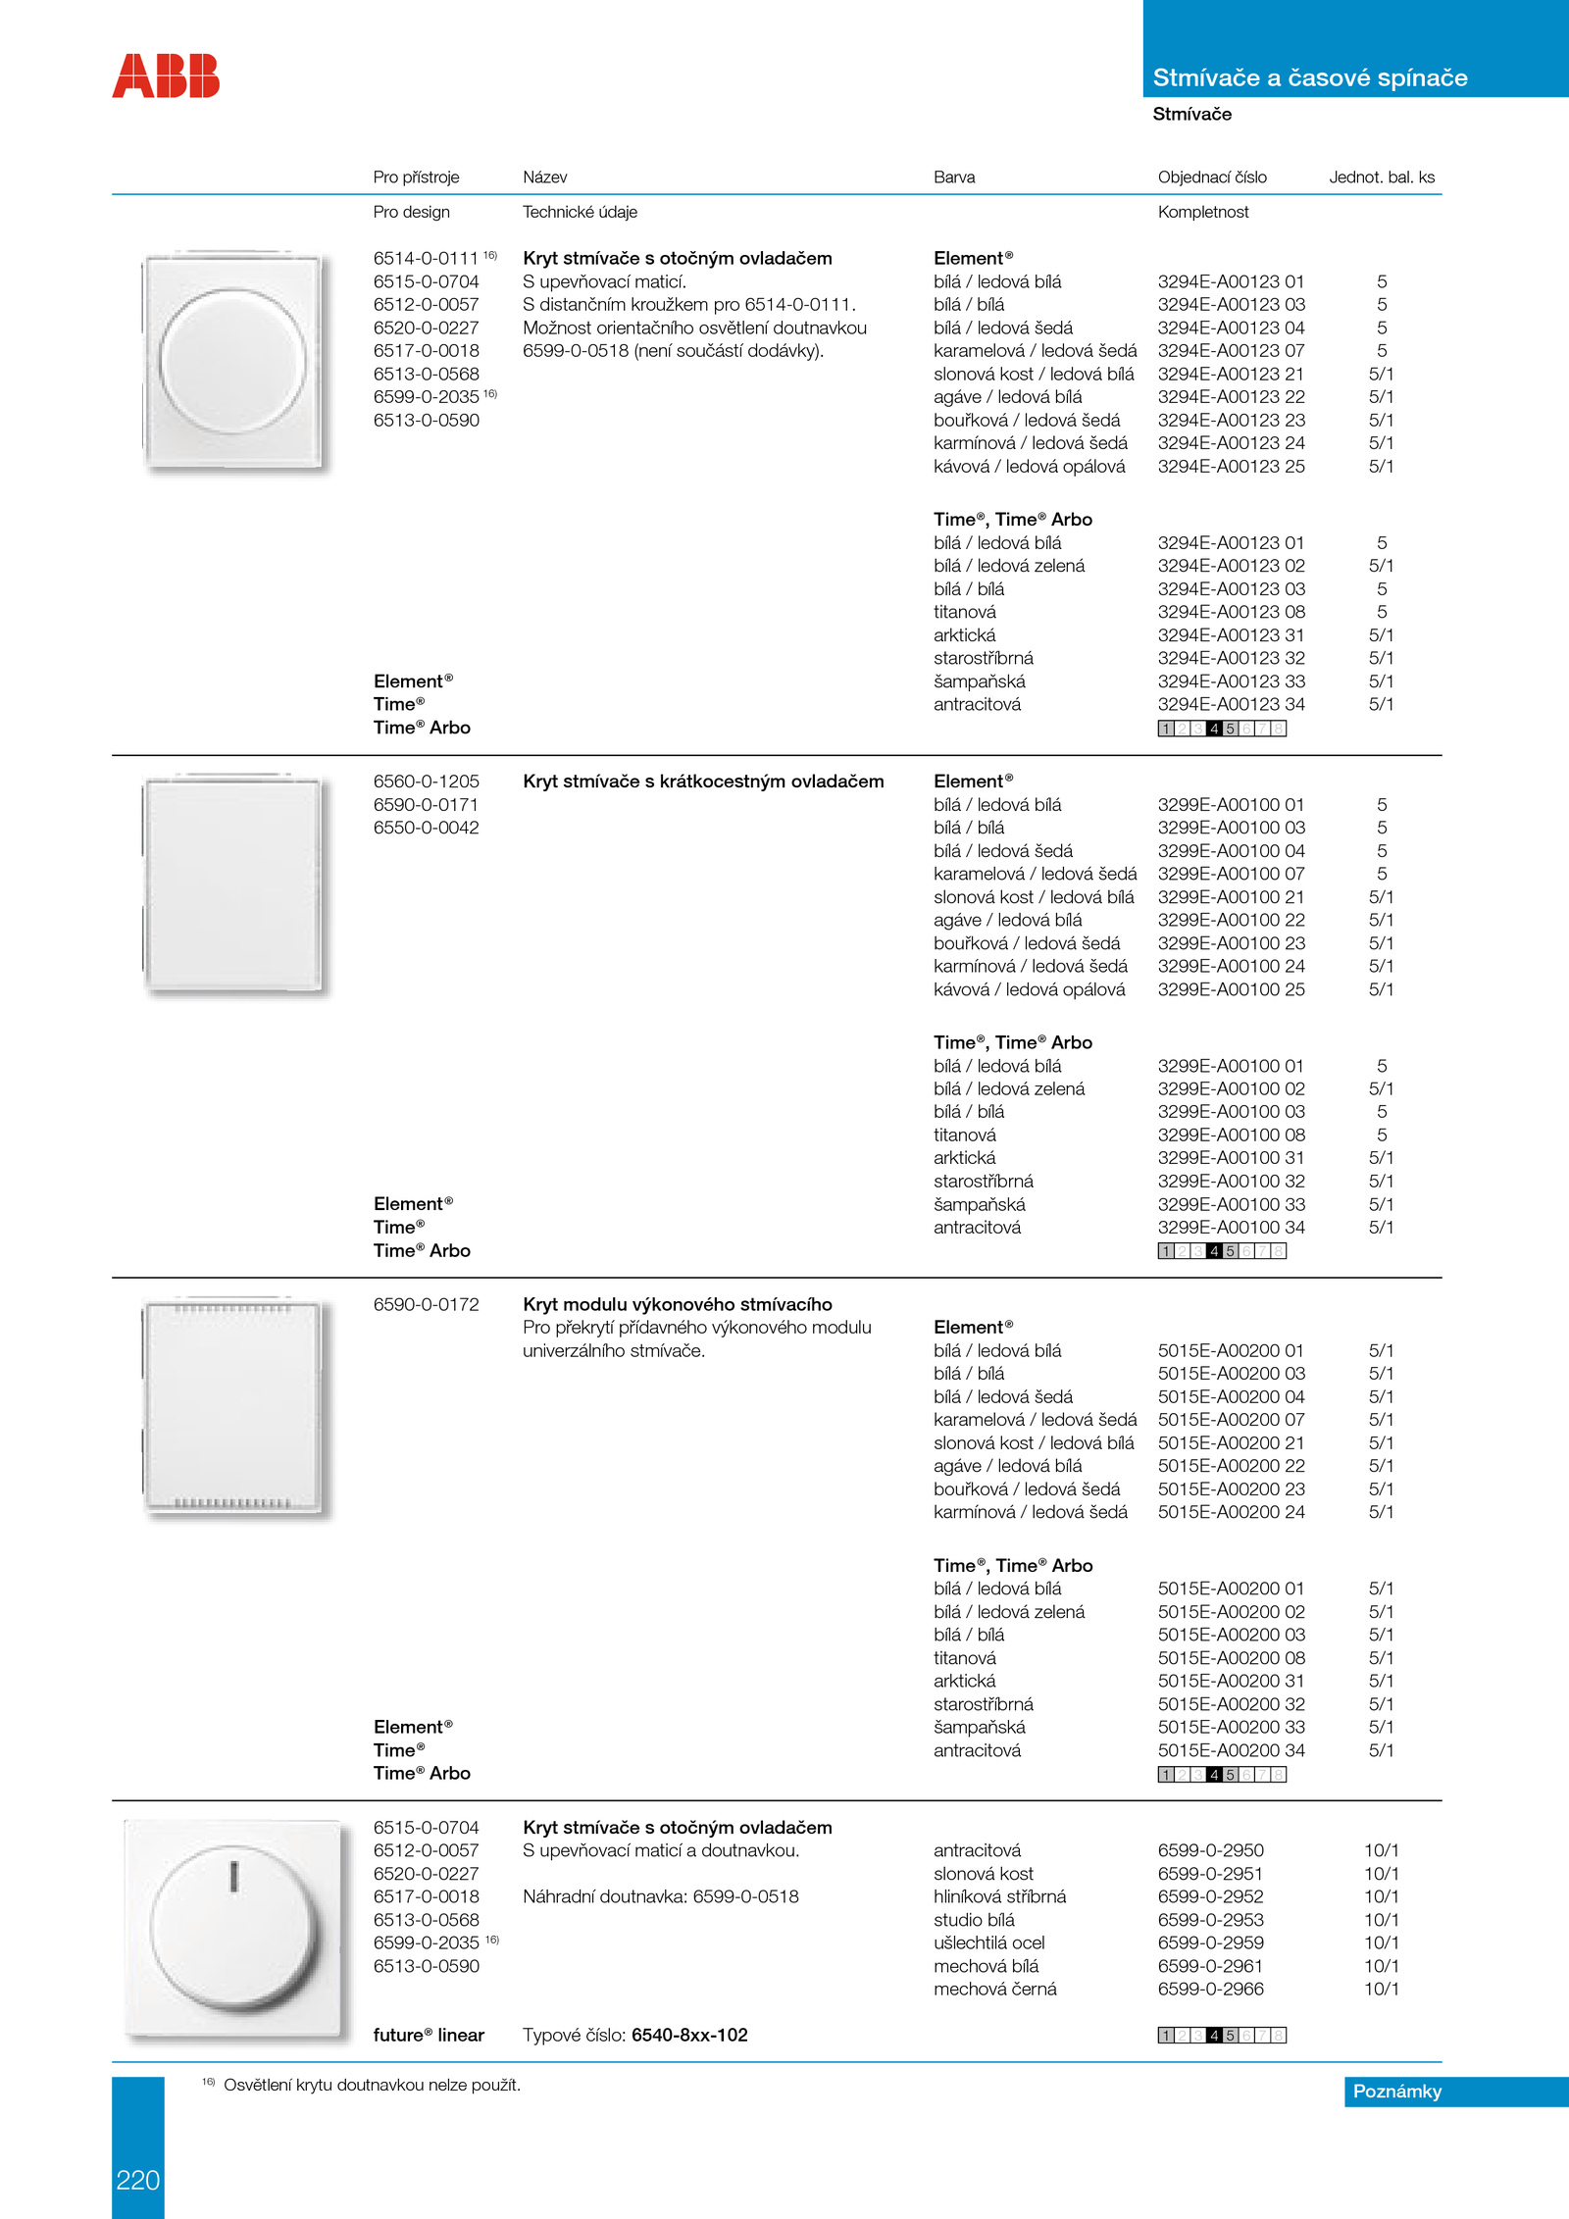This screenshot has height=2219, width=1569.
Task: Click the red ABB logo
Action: click(166, 76)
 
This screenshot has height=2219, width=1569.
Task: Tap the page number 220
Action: click(137, 2179)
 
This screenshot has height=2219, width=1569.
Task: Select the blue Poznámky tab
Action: click(1396, 2091)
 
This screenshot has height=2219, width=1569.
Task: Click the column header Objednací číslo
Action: click(1212, 177)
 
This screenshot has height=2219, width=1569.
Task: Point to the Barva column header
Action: click(954, 177)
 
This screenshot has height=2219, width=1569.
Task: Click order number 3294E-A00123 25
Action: click(1231, 467)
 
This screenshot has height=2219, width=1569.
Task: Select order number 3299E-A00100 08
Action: click(1231, 1135)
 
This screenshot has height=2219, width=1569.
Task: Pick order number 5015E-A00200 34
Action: click(1231, 1750)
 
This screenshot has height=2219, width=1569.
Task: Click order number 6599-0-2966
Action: click(1210, 1989)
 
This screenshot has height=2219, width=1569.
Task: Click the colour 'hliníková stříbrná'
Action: click(999, 1896)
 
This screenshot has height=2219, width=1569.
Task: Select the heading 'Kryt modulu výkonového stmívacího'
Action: click(677, 1304)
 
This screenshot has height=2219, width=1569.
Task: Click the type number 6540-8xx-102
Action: click(689, 2035)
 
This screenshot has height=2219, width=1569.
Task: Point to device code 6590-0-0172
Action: click(426, 1304)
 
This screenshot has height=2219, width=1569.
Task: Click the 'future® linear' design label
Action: click(429, 2035)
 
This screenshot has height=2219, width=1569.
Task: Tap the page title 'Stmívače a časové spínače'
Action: click(1310, 77)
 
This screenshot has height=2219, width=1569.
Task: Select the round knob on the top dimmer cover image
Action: click(232, 361)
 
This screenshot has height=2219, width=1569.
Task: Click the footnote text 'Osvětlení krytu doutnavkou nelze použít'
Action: click(371, 2085)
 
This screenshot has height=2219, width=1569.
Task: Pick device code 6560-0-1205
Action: click(426, 782)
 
